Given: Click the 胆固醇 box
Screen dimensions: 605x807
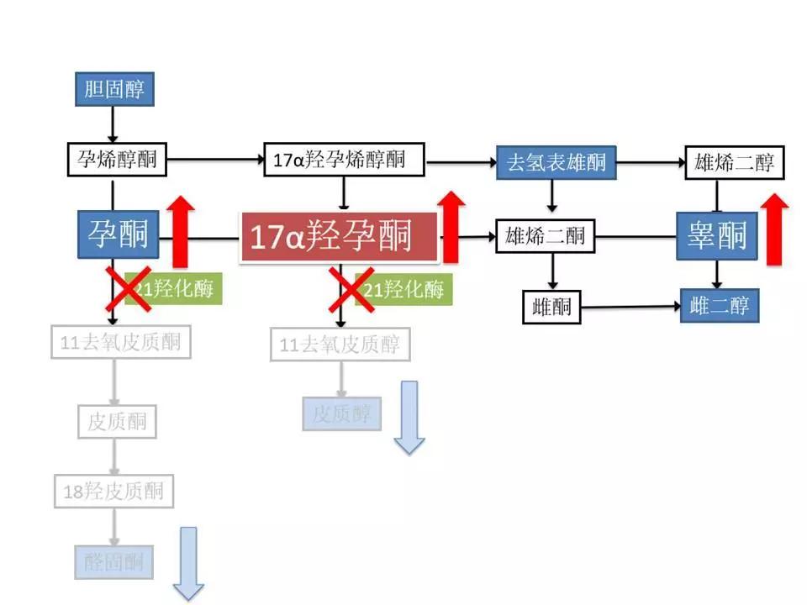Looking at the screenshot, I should (114, 88).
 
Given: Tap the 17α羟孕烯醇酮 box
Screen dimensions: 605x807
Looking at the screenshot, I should (344, 160).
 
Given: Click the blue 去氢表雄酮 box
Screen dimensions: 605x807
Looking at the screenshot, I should (556, 162).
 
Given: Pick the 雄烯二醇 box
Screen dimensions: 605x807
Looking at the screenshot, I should (735, 162).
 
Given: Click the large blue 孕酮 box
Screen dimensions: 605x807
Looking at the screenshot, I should (119, 233).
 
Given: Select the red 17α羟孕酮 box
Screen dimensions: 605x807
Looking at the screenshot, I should (340, 237).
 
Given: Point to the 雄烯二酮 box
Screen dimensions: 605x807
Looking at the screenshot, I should (546, 236).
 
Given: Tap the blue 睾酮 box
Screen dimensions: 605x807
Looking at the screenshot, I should (717, 234).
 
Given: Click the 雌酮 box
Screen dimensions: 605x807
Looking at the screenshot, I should (551, 307).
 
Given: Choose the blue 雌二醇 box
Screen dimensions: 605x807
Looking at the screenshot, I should (720, 305).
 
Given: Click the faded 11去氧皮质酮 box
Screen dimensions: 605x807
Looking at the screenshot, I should (120, 343).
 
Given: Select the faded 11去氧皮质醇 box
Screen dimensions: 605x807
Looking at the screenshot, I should (340, 345).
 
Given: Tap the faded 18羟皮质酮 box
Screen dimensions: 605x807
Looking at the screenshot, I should (113, 491).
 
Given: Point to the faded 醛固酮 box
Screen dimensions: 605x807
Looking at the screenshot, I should (113, 562).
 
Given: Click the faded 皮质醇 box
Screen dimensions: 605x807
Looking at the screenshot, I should (341, 413).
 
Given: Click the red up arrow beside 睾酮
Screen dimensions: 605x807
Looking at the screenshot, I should (778, 229).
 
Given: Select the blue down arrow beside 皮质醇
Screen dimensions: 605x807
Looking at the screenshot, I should (409, 417).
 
